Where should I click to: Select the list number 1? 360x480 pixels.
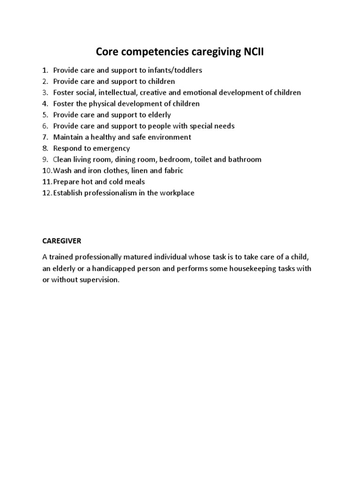[45, 70]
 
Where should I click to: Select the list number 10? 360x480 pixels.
[47, 171]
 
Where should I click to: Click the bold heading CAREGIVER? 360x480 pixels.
[61, 240]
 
